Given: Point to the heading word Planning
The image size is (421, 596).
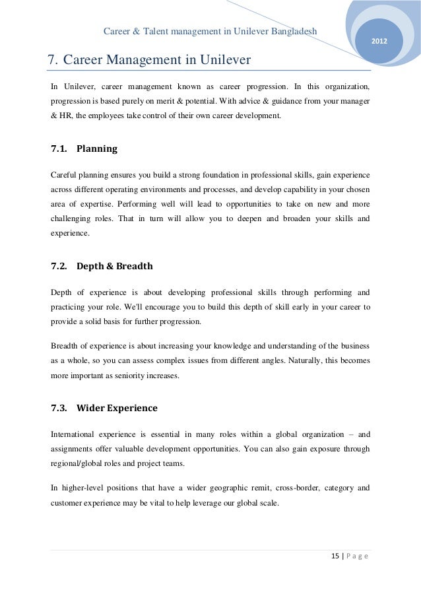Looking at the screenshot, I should point(97,149).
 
